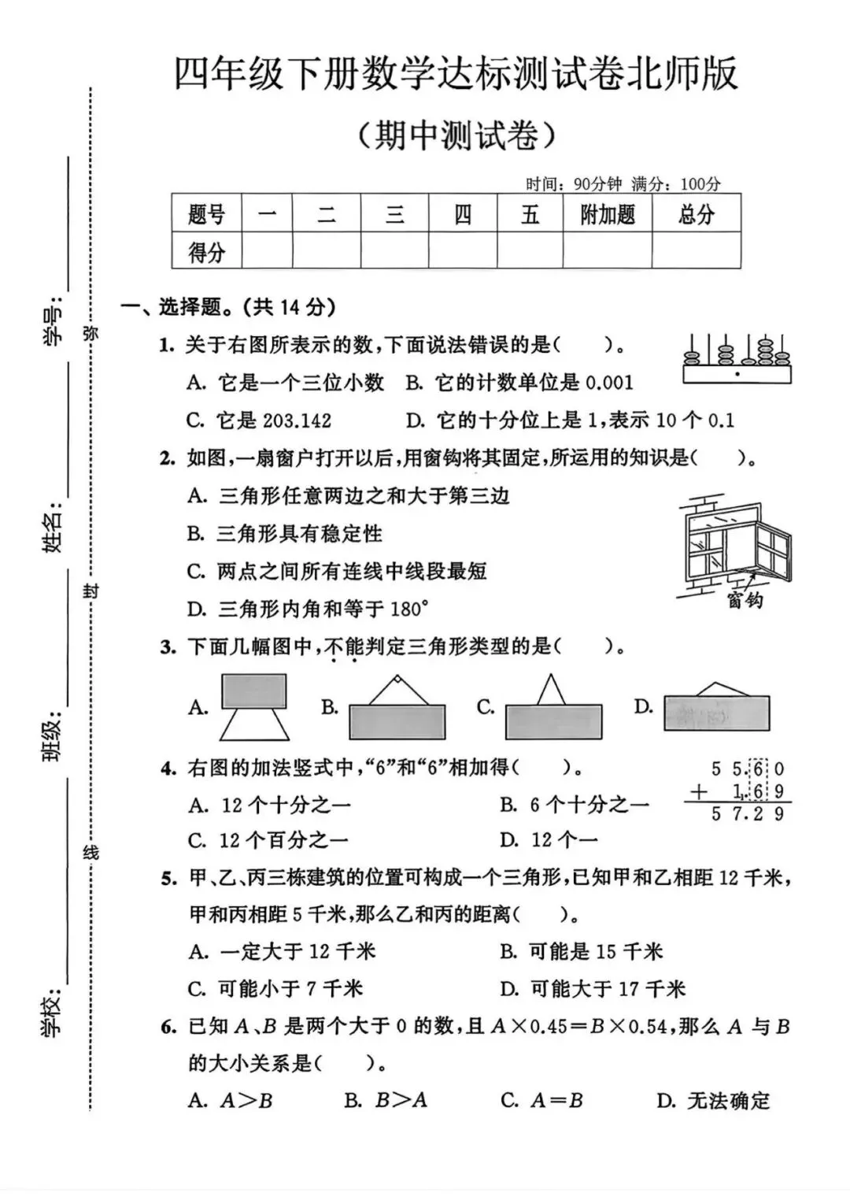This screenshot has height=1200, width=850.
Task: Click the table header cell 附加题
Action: [607, 214]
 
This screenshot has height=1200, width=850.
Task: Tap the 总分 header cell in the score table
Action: [696, 214]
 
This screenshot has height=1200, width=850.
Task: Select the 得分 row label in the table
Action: [206, 252]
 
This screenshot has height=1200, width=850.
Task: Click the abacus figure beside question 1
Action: [737, 360]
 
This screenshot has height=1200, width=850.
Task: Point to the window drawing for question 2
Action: [734, 547]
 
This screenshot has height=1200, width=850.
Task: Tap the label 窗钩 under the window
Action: [745, 601]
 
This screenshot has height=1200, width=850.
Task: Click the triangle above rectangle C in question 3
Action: [551, 690]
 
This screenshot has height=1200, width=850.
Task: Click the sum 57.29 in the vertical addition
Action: [747, 814]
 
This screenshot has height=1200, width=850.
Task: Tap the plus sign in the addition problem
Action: [698, 792]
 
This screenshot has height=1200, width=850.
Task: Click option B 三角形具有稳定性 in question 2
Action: [284, 534]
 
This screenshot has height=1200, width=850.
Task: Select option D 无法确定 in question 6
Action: [713, 1100]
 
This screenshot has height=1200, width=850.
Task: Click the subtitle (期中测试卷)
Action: [456, 136]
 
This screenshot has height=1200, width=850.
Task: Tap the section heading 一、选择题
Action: [228, 307]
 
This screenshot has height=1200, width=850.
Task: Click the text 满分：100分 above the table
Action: [676, 184]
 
